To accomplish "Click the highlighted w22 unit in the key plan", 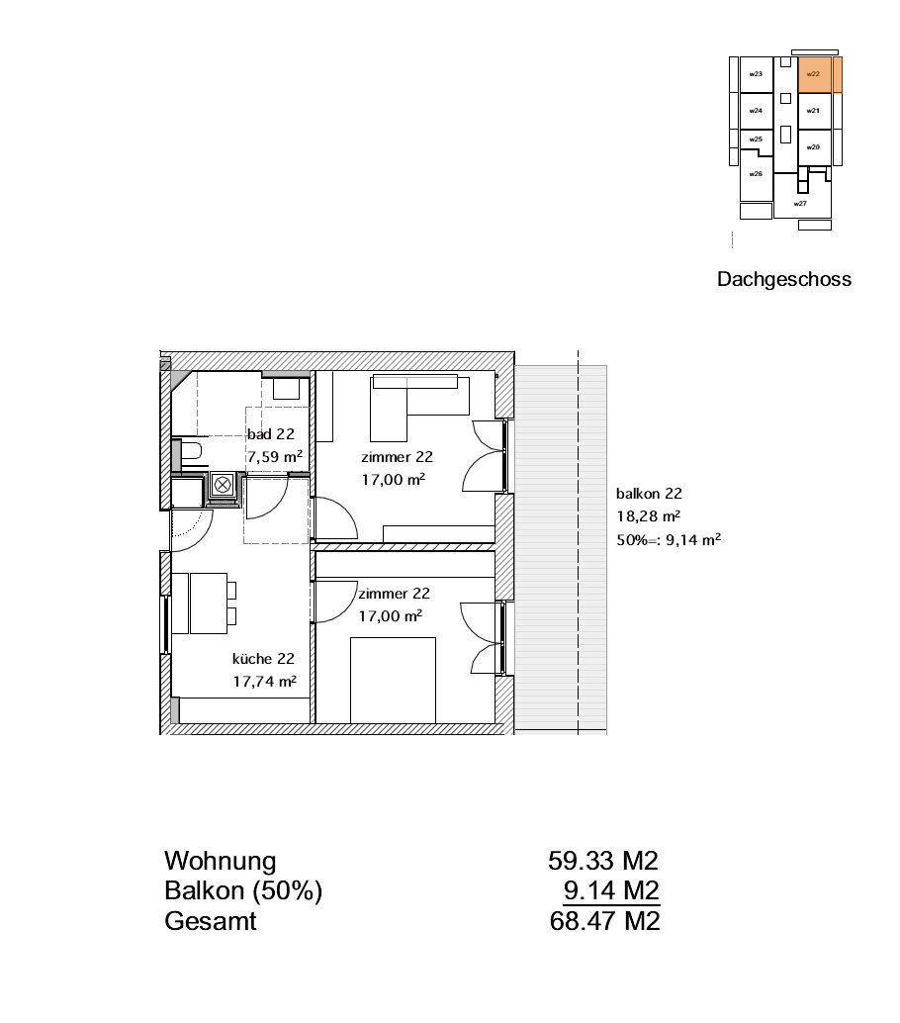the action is (814, 74).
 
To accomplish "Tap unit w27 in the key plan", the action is (801, 202).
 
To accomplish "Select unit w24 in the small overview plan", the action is (756, 111).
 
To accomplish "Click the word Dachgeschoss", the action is (784, 279).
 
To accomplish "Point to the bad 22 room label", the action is (271, 434).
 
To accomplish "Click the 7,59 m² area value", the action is (275, 456).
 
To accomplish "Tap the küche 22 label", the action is (263, 658).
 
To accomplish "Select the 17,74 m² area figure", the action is (265, 681).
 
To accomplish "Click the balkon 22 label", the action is (649, 494).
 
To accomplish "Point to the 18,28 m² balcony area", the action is (649, 516).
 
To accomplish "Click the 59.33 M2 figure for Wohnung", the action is (603, 861).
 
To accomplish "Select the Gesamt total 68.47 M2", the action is (605, 921).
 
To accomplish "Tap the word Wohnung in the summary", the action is (221, 861).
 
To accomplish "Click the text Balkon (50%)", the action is (243, 891).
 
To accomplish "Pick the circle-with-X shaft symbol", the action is (224, 485).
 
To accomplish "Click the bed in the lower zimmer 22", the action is (393, 681).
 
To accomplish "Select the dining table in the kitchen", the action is (208, 603).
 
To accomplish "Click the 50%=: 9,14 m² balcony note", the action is (669, 539).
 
